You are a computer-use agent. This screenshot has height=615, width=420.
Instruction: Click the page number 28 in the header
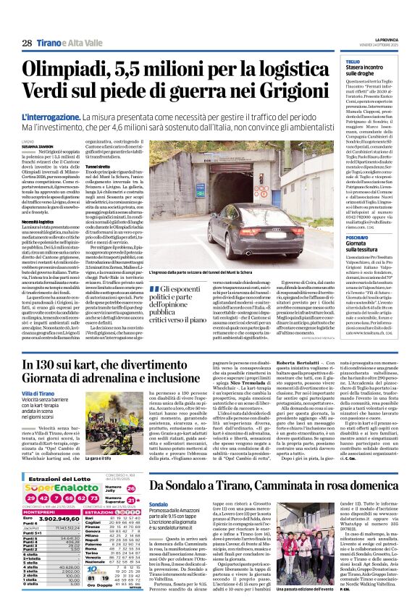coord(27,43)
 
